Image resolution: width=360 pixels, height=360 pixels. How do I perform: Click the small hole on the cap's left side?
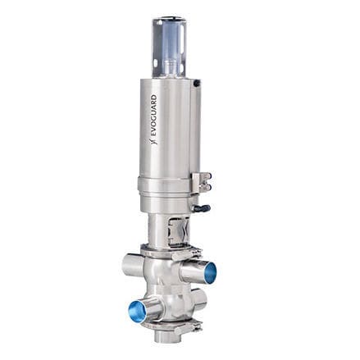pyautogui.click(x=157, y=42)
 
